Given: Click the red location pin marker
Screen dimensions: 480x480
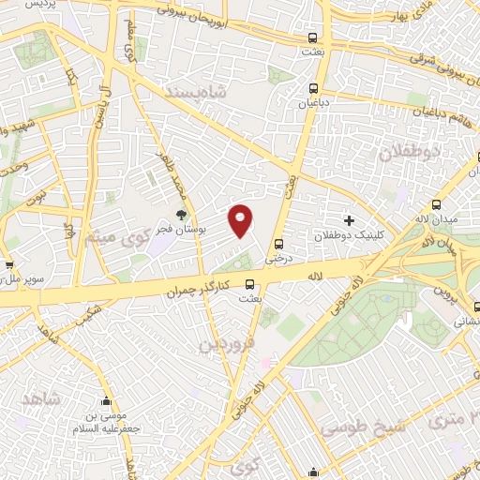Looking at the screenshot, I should coord(241,220).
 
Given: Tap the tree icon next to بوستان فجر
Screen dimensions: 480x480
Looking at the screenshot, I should coord(182,215).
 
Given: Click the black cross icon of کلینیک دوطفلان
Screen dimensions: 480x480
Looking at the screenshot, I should coord(349,220).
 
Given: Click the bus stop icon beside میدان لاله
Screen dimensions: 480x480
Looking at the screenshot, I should coord(435,205).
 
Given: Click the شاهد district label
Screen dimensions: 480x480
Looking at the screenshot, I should coord(40,398).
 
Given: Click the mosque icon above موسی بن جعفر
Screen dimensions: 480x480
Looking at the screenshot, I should coord(106,401).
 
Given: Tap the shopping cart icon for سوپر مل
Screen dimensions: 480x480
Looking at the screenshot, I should coord(7,265).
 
